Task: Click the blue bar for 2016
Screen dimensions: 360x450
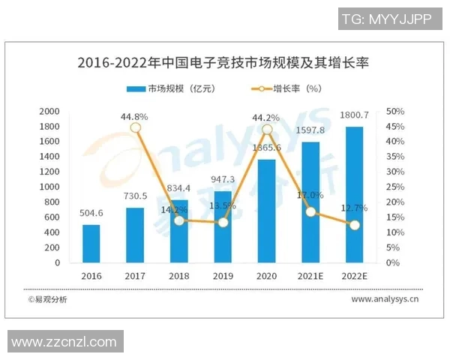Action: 91,244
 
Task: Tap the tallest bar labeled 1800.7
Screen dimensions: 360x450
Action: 355,195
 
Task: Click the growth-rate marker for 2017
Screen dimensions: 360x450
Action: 135,127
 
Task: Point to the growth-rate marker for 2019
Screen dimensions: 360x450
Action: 223,222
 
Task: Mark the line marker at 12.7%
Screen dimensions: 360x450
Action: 355,224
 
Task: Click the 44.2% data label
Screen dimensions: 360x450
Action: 268,116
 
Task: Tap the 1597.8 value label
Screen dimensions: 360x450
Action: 310,130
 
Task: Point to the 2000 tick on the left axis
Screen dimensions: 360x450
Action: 49,111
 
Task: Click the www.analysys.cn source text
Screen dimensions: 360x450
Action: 385,298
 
